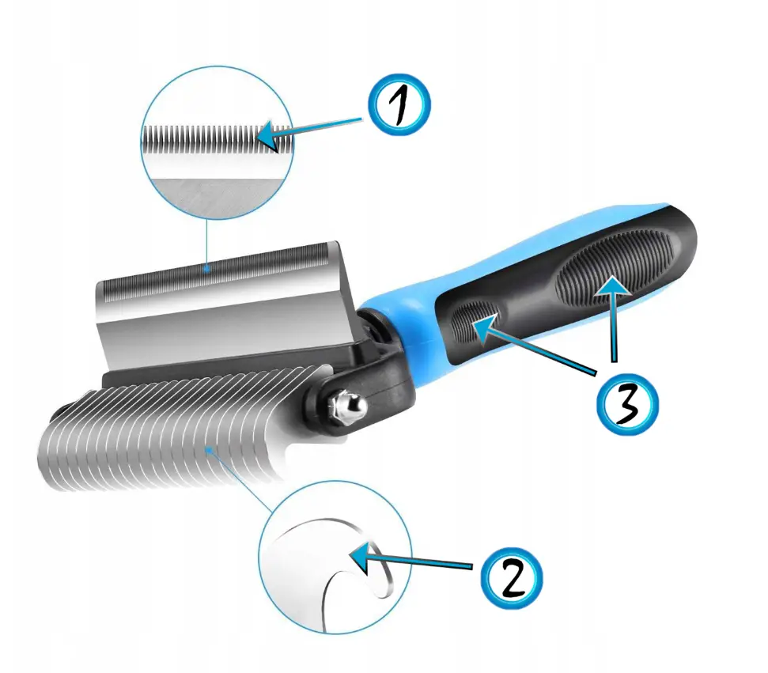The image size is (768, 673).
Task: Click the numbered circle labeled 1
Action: [399, 105]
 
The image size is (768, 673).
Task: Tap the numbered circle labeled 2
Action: [512, 578]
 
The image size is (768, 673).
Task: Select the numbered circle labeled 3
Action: [627, 403]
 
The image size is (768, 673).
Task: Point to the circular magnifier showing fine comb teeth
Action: [217, 142]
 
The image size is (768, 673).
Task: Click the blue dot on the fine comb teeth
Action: [208, 268]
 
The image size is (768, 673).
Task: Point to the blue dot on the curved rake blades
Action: [210, 448]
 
